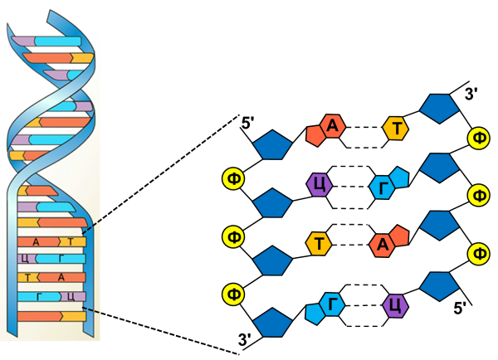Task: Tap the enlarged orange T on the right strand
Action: click(x=398, y=129)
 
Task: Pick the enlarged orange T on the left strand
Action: click(x=318, y=244)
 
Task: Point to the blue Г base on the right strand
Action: click(x=384, y=186)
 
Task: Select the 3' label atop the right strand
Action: click(x=469, y=92)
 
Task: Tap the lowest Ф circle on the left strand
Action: click(x=233, y=294)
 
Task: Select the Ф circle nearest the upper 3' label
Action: click(x=479, y=137)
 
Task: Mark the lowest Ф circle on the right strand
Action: click(x=479, y=251)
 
